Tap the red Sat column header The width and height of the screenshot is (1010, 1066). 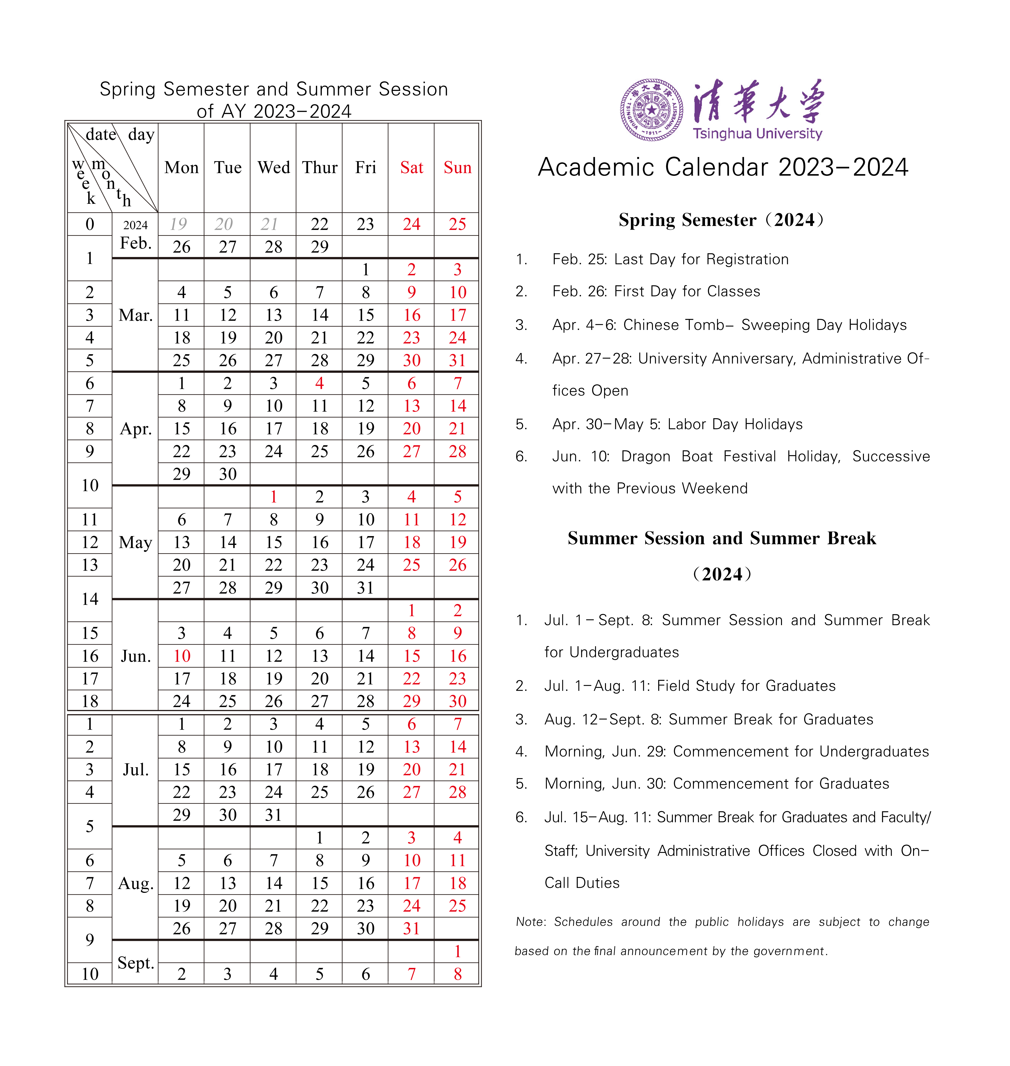pyautogui.click(x=411, y=167)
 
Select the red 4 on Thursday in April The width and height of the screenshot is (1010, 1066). pyautogui.click(x=319, y=383)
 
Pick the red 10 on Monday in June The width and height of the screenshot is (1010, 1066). pyautogui.click(x=181, y=656)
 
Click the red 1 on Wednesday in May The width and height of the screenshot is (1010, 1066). pyautogui.click(x=273, y=497)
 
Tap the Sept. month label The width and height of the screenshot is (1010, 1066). pyautogui.click(x=136, y=963)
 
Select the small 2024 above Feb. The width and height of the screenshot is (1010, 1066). pyautogui.click(x=135, y=225)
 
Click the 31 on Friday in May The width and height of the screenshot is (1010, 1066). pyautogui.click(x=366, y=587)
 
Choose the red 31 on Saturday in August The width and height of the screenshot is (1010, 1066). pyautogui.click(x=411, y=928)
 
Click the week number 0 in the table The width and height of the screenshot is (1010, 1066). pyautogui.click(x=90, y=224)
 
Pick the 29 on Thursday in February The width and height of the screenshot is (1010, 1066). pyautogui.click(x=319, y=247)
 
